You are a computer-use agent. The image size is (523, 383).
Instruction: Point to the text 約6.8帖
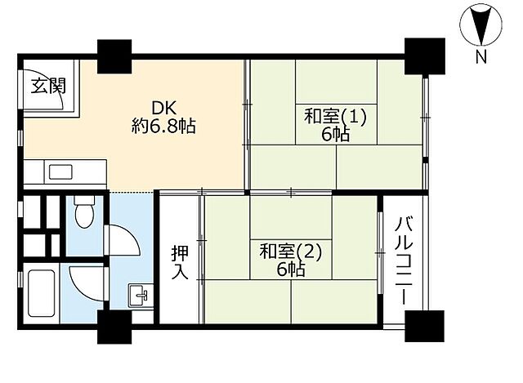pyautogui.click(x=163, y=127)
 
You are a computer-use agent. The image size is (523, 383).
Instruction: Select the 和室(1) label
pyautogui.click(x=335, y=116)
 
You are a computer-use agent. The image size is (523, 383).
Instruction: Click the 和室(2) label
pyautogui.click(x=291, y=251)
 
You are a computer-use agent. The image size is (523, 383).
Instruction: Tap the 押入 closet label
pyautogui.click(x=180, y=262)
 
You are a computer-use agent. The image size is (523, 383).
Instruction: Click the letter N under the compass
pyautogui.click(x=481, y=56)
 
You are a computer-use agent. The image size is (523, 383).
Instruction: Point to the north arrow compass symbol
pyautogui.click(x=479, y=24)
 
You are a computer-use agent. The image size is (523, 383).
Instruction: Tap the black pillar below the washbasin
pyautogui.click(x=114, y=326)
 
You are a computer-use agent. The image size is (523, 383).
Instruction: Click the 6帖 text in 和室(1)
pyautogui.click(x=335, y=134)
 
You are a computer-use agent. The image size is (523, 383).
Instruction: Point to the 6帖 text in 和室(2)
pyautogui.click(x=291, y=269)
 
